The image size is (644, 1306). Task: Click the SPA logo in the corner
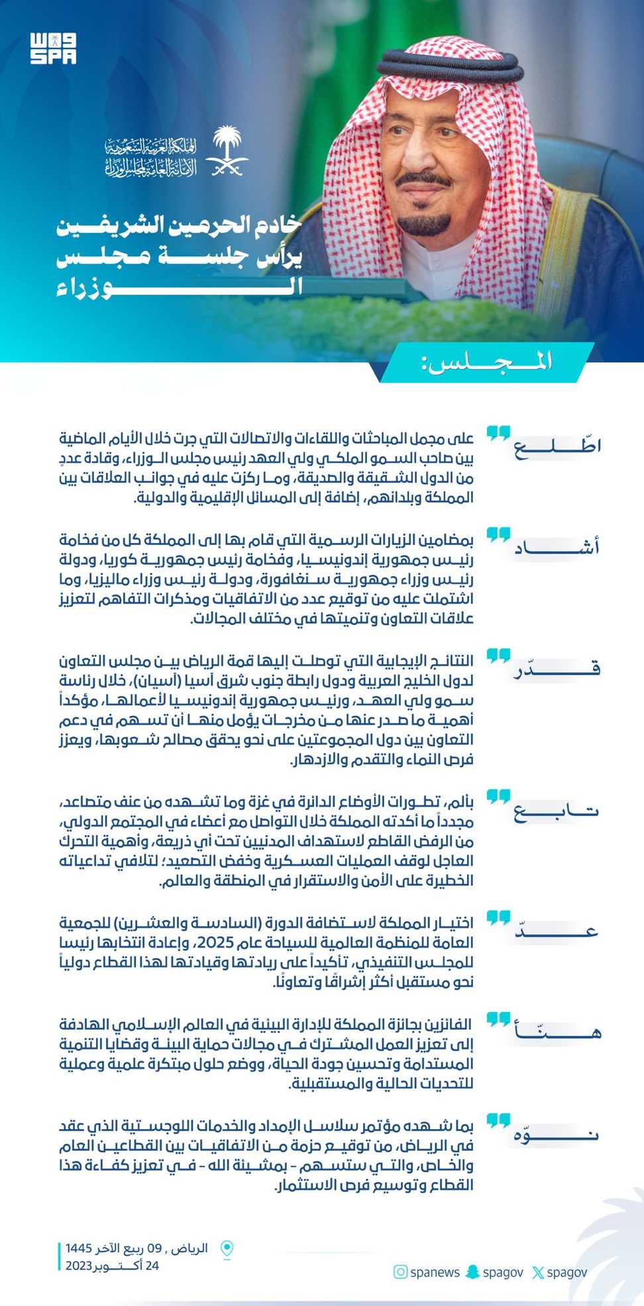[53, 48]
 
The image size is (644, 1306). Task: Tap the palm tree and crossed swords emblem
[227, 152]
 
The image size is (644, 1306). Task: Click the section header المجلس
[486, 362]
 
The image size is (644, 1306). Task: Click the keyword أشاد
[557, 547]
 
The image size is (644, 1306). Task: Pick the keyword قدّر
[557, 668]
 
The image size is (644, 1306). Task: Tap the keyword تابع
[557, 811]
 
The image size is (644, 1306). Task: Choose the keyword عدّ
[557, 931]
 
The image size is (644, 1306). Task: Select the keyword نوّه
[557, 1134]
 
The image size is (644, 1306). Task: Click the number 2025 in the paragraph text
[199, 942]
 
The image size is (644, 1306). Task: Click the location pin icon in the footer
[227, 1249]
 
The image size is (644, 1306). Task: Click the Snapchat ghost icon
[472, 1272]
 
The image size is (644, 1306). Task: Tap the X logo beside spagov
[538, 1272]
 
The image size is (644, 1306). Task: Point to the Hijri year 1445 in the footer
[78, 1248]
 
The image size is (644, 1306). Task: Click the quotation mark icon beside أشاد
[498, 534]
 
